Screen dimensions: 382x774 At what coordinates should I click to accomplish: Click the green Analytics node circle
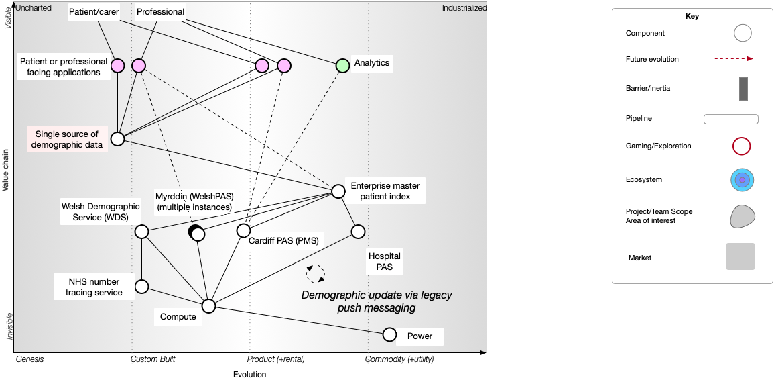pyautogui.click(x=342, y=66)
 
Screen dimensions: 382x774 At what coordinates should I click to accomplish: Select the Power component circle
pyautogui.click(x=389, y=334)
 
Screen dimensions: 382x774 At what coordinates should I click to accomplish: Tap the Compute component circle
pyautogui.click(x=209, y=306)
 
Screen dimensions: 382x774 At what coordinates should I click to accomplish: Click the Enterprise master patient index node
pyautogui.click(x=338, y=191)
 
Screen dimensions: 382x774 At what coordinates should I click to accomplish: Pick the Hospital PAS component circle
pyautogui.click(x=358, y=232)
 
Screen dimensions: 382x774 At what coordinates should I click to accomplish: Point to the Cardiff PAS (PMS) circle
pyautogui.click(x=243, y=230)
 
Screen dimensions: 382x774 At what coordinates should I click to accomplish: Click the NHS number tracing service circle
pyautogui.click(x=141, y=287)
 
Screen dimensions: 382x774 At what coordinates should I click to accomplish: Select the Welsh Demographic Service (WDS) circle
pyautogui.click(x=141, y=232)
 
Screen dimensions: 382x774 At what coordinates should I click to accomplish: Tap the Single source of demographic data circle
pyautogui.click(x=117, y=139)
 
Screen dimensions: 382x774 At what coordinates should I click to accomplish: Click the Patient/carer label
pyautogui.click(x=94, y=13)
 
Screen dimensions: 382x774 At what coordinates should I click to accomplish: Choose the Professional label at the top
pyautogui.click(x=160, y=13)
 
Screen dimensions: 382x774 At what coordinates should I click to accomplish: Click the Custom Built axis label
pyautogui.click(x=153, y=359)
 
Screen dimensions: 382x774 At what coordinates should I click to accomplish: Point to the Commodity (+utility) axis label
pyautogui.click(x=399, y=359)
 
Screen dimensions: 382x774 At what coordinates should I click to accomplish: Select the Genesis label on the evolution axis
pyautogui.click(x=29, y=359)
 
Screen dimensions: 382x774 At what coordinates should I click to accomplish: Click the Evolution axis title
pyautogui.click(x=249, y=375)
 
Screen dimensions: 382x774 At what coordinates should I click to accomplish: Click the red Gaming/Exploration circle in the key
pyautogui.click(x=742, y=146)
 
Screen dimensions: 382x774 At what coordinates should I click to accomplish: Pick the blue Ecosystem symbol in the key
pyautogui.click(x=743, y=180)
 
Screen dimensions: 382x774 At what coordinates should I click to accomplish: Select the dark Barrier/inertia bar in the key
pyautogui.click(x=743, y=89)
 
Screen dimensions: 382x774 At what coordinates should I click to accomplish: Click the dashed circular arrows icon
pyautogui.click(x=316, y=273)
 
